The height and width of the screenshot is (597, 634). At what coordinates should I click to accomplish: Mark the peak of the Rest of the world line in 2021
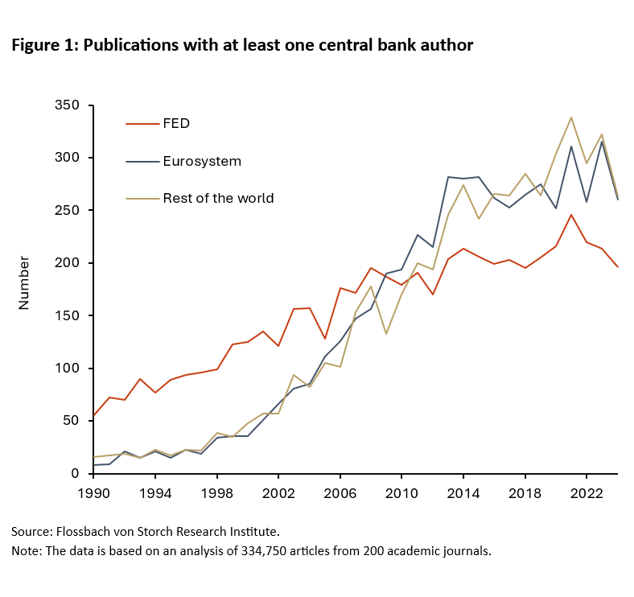[571, 117]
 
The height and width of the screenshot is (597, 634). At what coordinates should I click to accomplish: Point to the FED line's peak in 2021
[571, 215]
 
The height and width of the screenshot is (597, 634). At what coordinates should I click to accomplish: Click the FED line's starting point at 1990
[94, 416]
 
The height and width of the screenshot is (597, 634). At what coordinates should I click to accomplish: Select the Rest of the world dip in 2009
[386, 334]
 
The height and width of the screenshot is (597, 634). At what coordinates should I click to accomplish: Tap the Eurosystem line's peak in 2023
[602, 142]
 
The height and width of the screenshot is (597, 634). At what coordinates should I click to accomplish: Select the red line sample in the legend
[141, 124]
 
